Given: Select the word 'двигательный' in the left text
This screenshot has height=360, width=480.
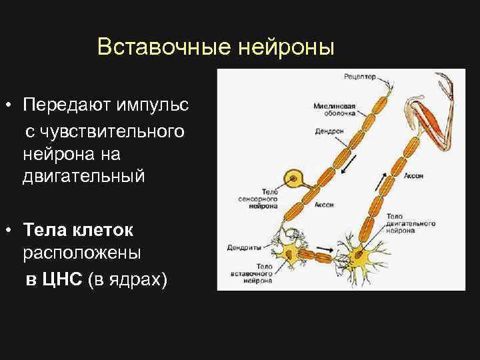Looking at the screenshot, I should [x=83, y=177].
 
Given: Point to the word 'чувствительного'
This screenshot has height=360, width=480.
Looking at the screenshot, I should [x=105, y=130].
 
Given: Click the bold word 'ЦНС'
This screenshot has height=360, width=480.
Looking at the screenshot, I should [x=61, y=279].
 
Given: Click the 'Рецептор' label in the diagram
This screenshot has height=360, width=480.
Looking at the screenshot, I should [x=360, y=77].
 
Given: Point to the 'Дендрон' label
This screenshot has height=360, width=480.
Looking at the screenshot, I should [x=329, y=131].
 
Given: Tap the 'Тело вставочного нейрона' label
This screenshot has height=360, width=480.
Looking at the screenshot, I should [x=254, y=274].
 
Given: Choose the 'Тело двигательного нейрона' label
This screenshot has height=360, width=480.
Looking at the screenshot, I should [x=409, y=223].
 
